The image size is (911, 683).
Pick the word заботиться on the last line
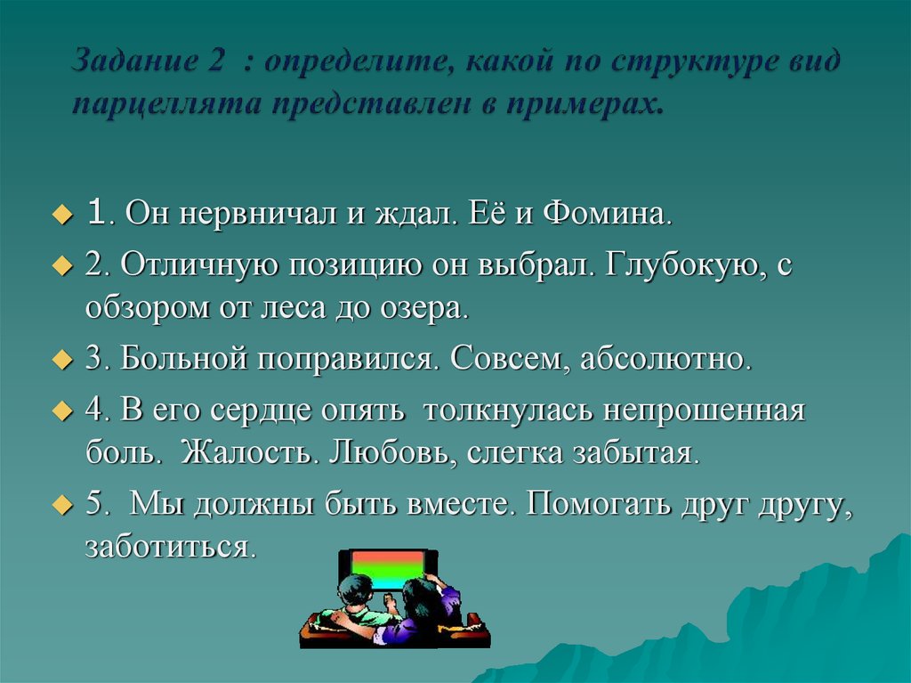(x=170, y=545)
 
